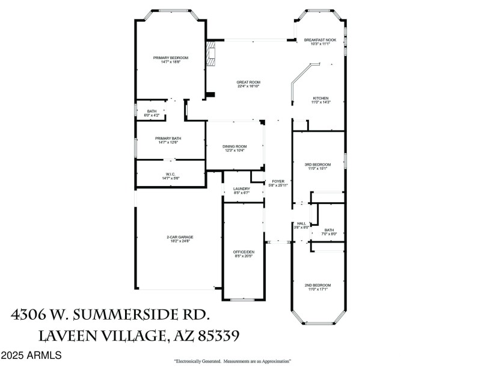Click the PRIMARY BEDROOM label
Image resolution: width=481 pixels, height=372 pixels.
171,58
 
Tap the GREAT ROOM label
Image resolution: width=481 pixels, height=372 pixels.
248,82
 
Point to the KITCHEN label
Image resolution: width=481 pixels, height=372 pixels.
320,98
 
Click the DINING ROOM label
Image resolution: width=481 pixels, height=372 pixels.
234,146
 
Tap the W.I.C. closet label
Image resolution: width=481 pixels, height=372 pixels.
170,175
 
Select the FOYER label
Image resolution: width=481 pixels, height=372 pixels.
278,181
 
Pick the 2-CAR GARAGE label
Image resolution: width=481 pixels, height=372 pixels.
180,237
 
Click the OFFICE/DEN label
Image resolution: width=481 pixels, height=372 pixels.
243,252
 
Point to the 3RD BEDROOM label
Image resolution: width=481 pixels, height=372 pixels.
317,164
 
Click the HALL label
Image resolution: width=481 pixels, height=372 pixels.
301,223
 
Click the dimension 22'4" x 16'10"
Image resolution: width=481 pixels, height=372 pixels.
248,87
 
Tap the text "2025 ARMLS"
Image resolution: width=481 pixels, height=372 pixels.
31,356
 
